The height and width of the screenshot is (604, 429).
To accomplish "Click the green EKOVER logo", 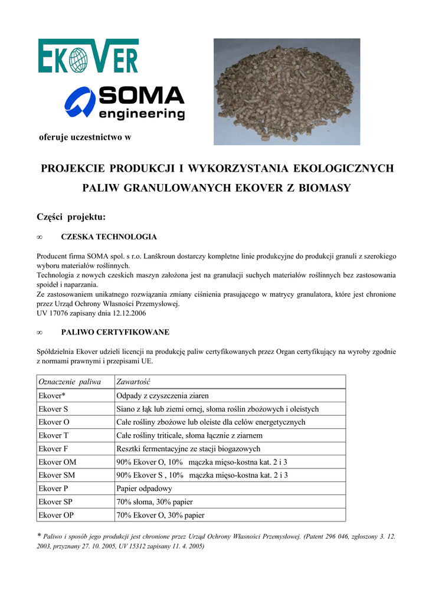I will (x=88, y=56).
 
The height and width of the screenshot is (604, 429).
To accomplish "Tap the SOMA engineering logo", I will (x=125, y=104).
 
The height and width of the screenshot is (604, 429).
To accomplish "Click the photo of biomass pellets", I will (x=287, y=91).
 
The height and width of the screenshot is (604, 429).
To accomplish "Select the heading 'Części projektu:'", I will (x=71, y=217).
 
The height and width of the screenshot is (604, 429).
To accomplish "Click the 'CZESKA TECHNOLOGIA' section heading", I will (x=109, y=237).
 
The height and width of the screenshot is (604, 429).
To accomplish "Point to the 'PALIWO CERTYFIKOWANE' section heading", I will (x=115, y=332).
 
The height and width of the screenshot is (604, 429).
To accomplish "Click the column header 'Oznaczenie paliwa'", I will (x=70, y=382).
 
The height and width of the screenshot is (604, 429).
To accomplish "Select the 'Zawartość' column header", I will (x=135, y=382).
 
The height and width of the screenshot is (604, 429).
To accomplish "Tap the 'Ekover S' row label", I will (x=53, y=409).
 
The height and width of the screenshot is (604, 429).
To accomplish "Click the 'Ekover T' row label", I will (x=53, y=435).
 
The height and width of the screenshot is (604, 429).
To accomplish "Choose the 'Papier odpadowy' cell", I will (x=145, y=488).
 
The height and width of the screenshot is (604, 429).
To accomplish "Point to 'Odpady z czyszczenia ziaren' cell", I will (x=163, y=395).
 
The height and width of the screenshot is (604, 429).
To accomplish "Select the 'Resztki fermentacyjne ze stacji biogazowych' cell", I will (x=188, y=449).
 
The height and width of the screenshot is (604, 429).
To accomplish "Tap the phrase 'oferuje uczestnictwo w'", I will (x=84, y=138).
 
